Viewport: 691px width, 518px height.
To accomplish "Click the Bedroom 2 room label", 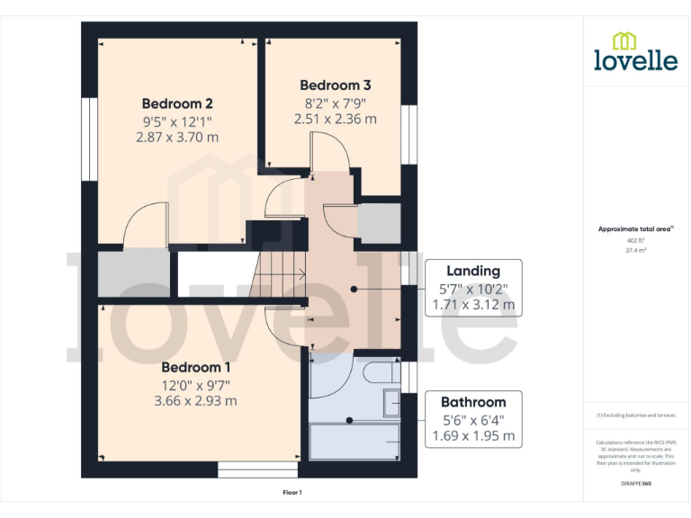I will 177,103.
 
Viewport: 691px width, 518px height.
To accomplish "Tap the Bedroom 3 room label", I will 335,85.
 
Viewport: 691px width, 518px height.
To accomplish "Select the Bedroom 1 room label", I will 196,367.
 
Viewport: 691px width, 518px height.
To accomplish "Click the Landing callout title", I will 473,271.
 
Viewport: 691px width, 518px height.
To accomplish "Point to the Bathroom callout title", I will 473,402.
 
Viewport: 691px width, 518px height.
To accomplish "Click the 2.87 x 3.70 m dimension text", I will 177,138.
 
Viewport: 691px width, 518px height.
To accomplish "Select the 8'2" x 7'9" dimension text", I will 335,102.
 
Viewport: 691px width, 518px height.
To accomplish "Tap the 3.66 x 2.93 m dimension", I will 196,400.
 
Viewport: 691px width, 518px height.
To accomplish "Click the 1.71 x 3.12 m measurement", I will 473,305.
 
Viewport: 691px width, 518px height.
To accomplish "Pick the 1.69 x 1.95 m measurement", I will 473,436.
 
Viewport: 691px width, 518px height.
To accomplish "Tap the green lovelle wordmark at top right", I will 635,60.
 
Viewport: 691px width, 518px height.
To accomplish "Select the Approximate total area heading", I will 635,229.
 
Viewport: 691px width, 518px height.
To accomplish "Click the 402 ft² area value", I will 635,241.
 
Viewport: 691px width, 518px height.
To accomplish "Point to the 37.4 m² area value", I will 635,252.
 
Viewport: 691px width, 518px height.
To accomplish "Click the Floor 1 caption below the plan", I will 292,492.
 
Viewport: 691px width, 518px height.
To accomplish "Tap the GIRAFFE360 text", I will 635,484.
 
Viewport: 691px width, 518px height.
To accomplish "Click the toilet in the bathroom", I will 381,372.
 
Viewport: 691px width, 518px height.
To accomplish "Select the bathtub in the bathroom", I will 354,441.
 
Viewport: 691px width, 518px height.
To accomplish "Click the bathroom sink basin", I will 391,404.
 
